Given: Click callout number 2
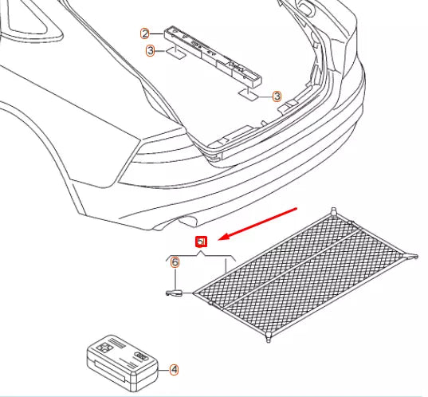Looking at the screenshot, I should (145, 33).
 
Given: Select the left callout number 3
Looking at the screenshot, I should (150, 51).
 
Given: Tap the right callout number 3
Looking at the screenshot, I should (277, 96).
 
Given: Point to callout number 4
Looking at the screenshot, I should (175, 369).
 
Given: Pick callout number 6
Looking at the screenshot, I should (175, 261).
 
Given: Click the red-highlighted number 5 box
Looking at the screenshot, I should (202, 242).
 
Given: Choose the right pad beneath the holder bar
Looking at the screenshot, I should (249, 96).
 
